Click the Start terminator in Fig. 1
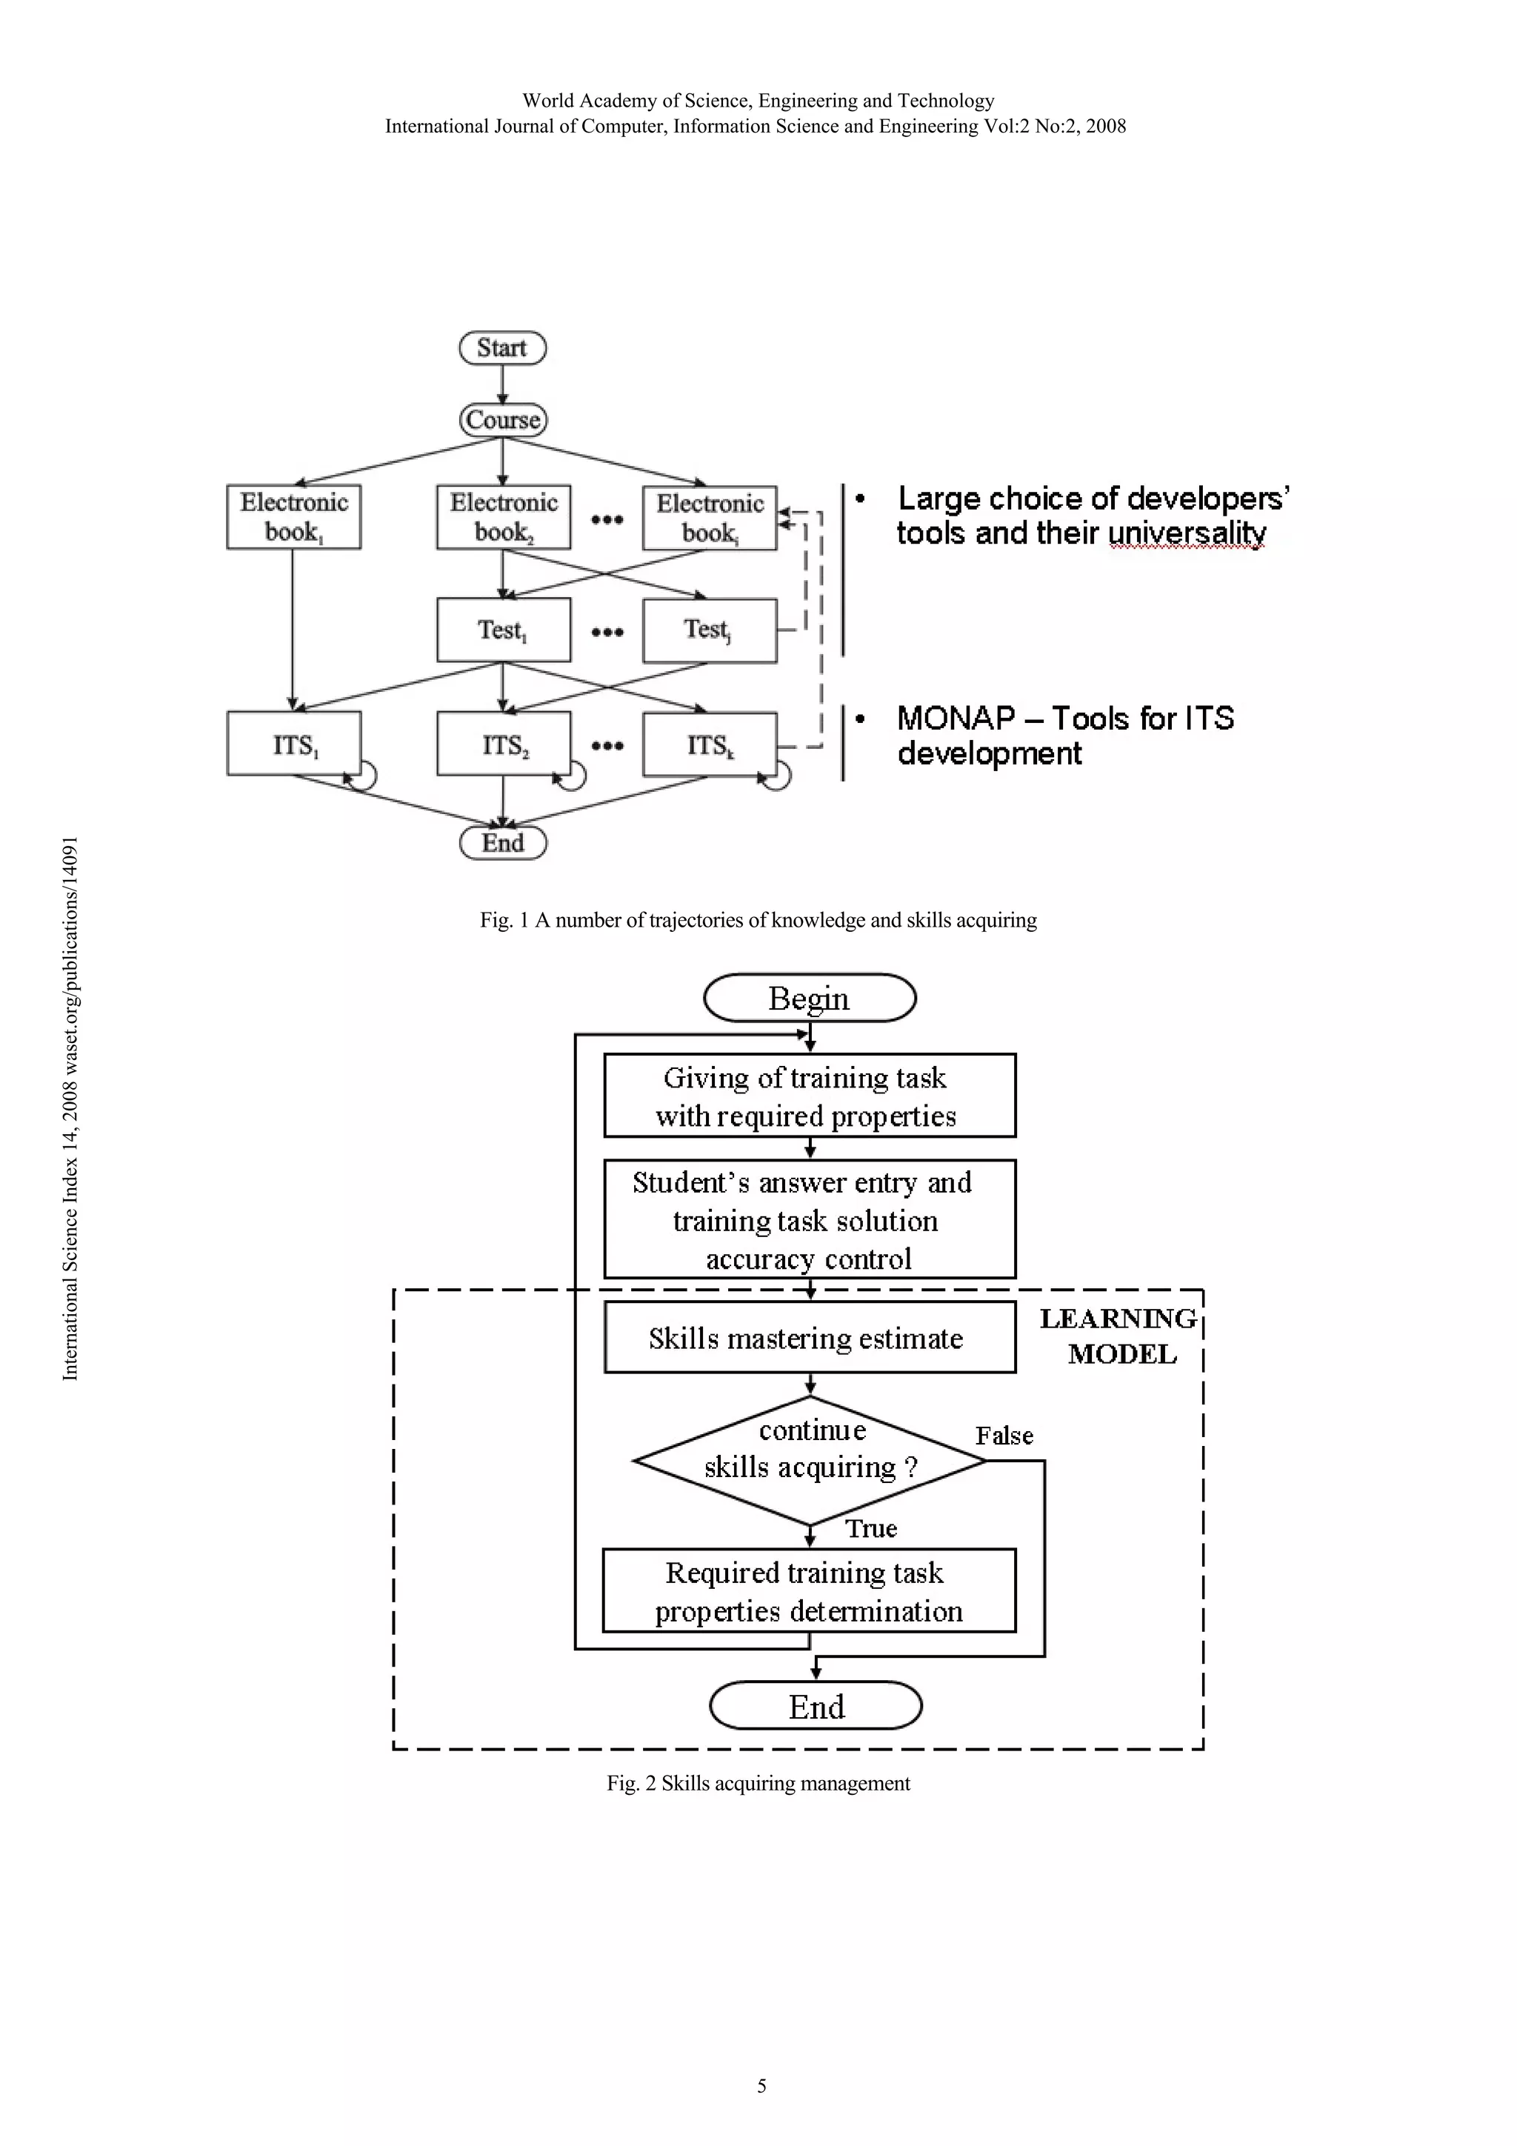502,347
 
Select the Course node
503,420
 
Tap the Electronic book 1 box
293,517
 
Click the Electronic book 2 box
503,517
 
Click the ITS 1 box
293,744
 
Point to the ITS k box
710,744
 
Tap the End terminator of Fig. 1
503,843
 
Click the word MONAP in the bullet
956,719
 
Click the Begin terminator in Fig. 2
810,999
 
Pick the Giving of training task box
810,1096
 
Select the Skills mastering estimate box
810,1338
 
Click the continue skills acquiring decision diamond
810,1460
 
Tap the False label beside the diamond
1004,1436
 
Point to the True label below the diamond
871,1528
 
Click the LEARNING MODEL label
1118,1336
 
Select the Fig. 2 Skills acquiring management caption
758,1782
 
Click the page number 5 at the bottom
761,2085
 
